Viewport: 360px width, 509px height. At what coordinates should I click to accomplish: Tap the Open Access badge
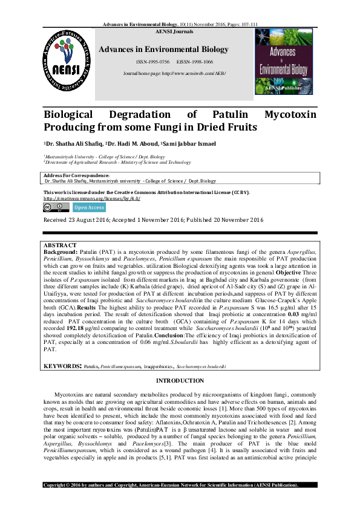click(x=88, y=207)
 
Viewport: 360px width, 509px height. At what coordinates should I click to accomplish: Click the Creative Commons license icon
click(x=56, y=207)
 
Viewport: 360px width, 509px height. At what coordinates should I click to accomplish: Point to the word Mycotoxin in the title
click(x=293, y=115)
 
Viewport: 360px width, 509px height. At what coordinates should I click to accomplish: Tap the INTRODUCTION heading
click(x=180, y=380)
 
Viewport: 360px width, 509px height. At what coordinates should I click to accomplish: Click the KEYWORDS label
click(x=62, y=366)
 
